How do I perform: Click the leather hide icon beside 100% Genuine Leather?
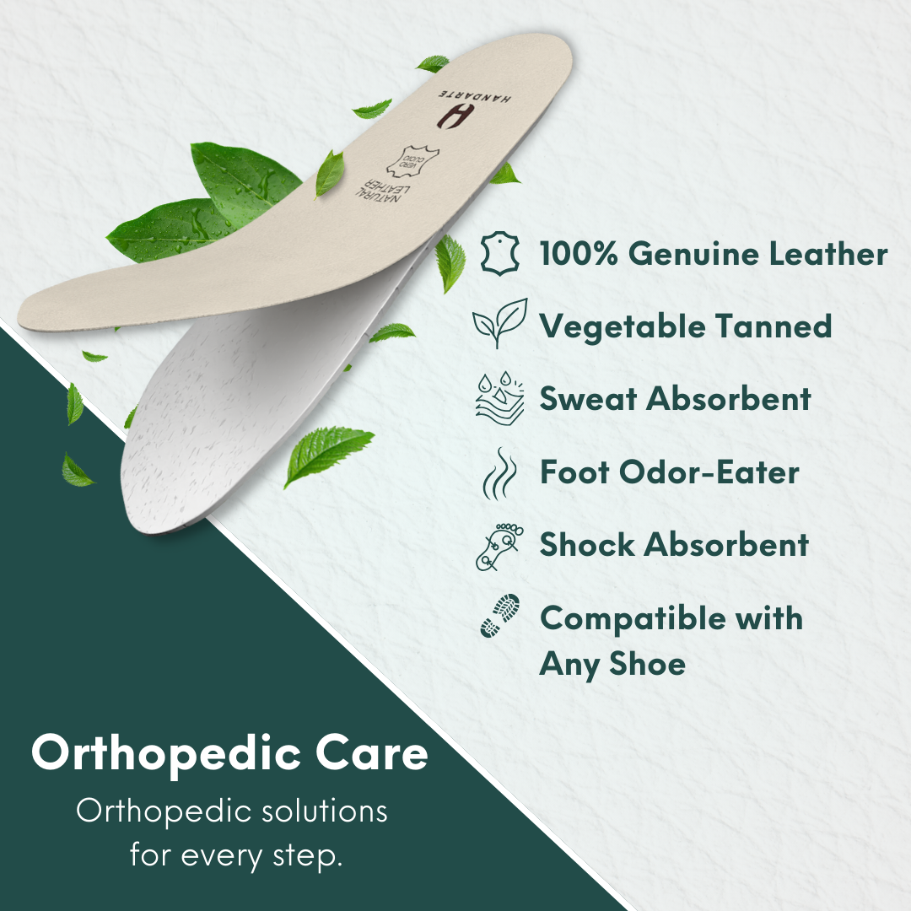click(499, 253)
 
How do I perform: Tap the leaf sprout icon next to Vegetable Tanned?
click(500, 324)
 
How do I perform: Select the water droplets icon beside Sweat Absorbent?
click(499, 398)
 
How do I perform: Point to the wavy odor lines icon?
click(499, 473)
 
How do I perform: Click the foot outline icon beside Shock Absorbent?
click(499, 547)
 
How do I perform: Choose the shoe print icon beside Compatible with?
click(499, 615)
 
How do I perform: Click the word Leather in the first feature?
click(828, 254)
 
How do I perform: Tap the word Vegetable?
click(623, 327)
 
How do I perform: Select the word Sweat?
click(588, 399)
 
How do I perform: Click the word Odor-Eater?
click(709, 472)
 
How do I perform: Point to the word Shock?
click(587, 544)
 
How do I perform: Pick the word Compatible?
click(633, 618)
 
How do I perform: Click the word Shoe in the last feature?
click(647, 664)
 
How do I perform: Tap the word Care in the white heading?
click(372, 753)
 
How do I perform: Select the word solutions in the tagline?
click(324, 811)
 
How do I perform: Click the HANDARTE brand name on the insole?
click(475, 95)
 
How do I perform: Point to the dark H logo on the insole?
click(452, 116)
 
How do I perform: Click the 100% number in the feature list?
click(579, 254)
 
